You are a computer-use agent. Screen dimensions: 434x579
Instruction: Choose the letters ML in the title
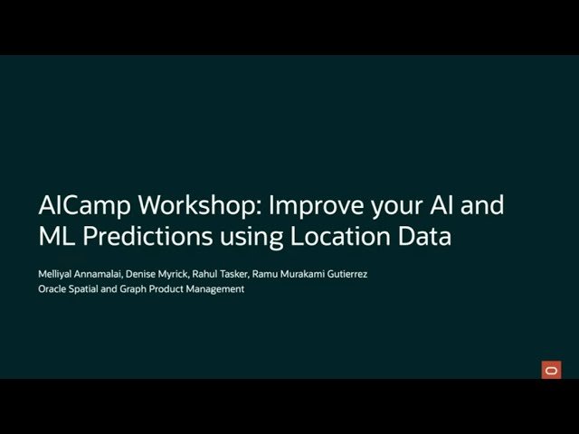tap(55, 237)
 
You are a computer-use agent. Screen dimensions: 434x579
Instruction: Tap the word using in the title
tap(251, 239)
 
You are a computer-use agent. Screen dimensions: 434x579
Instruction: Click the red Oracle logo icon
tap(551, 369)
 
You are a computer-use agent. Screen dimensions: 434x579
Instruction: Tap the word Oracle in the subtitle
tap(53, 289)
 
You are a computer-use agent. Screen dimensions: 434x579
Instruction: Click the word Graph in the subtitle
tap(138, 289)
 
